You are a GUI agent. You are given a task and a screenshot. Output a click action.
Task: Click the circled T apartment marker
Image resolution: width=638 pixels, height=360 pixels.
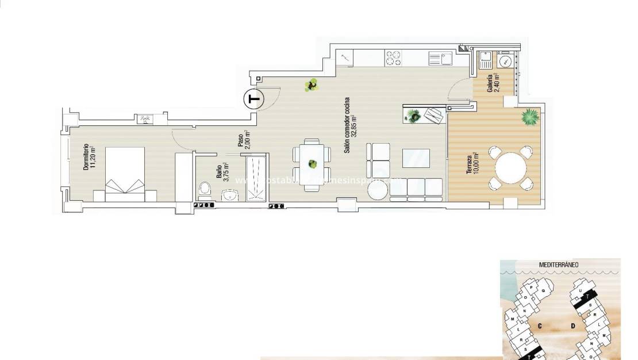253,99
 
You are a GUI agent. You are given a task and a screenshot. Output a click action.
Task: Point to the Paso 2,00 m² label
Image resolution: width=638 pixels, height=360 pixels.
244,140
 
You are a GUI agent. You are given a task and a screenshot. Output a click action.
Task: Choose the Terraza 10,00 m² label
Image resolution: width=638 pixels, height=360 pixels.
473,166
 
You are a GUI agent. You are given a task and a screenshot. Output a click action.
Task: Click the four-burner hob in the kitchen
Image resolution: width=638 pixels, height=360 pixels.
394,58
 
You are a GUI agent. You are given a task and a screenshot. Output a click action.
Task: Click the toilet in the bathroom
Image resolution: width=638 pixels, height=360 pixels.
203,189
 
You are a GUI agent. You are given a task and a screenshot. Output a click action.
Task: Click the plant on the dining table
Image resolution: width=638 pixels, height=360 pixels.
312,164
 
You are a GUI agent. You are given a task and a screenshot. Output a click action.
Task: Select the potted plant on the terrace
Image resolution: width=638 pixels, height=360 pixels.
528,118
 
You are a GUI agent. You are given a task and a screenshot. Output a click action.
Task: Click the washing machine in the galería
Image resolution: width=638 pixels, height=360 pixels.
505,61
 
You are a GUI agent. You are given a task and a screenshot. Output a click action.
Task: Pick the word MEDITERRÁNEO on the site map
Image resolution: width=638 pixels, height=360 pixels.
559,265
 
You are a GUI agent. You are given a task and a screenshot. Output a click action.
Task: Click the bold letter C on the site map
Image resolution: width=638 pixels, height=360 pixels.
540,325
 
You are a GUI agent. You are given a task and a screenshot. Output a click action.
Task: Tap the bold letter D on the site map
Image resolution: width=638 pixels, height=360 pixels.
573,326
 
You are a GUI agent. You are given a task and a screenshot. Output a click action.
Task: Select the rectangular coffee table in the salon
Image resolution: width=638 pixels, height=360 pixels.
416,157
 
